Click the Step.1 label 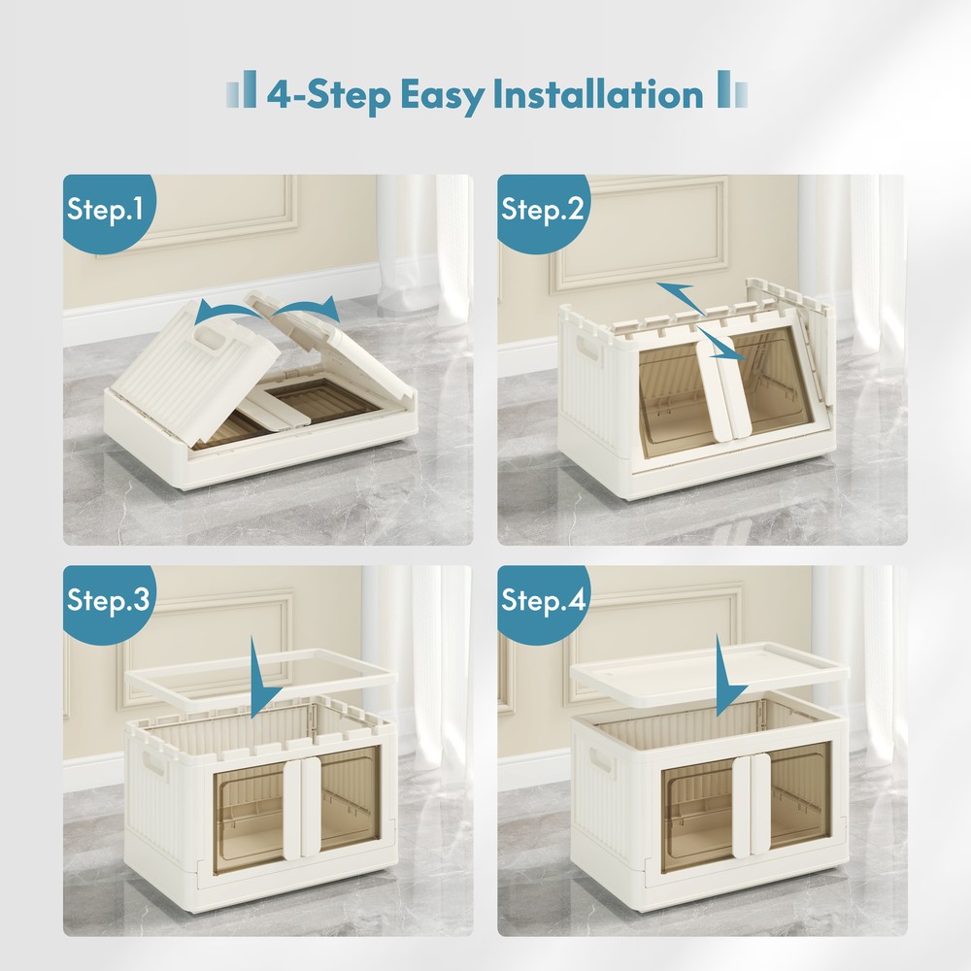point(105,210)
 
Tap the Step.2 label point(543,210)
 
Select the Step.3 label point(109,600)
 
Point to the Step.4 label point(543,600)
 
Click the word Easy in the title point(442,96)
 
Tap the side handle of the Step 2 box point(588,348)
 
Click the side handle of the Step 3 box point(155,763)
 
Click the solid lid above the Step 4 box point(710,675)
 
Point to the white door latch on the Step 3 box point(302,808)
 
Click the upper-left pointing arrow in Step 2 point(683,299)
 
